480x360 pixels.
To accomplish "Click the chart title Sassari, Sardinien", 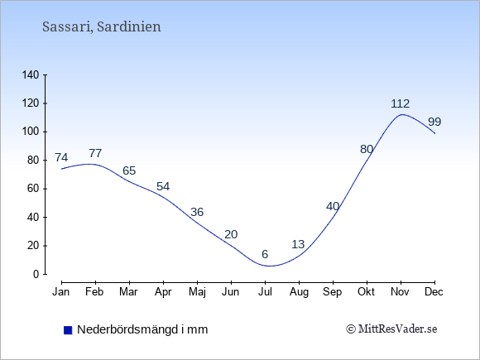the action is click(101, 26).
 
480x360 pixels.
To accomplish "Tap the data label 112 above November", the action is click(400, 103).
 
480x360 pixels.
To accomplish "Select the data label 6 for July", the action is click(265, 254).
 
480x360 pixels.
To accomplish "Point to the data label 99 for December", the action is click(434, 122).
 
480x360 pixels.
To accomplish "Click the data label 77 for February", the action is click(95, 153).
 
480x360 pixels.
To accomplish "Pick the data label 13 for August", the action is click(298, 244).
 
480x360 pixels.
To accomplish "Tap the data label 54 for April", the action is click(163, 186).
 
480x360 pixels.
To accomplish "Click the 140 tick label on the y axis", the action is click(31, 75).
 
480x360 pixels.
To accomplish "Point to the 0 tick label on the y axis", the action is click(36, 274).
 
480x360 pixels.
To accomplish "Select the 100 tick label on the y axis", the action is click(31, 132).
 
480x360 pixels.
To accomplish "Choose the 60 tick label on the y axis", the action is click(33, 189).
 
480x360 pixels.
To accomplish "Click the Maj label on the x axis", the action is click(197, 292).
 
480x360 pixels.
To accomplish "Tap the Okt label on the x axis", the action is click(366, 292).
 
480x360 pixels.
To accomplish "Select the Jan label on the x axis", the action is click(61, 292).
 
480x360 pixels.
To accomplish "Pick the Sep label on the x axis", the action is click(333, 292).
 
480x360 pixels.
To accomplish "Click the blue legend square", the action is click(68, 330).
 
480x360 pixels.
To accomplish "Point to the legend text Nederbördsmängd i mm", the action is click(142, 329).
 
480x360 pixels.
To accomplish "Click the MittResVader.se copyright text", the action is click(391, 329).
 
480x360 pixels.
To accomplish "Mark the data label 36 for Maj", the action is click(197, 212).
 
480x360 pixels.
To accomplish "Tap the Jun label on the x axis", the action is click(231, 292).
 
